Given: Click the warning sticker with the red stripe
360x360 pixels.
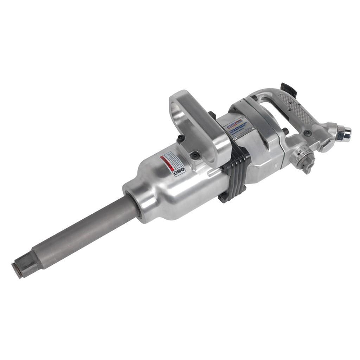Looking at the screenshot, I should click(172, 164).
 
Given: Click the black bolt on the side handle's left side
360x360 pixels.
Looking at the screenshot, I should click(180, 139).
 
